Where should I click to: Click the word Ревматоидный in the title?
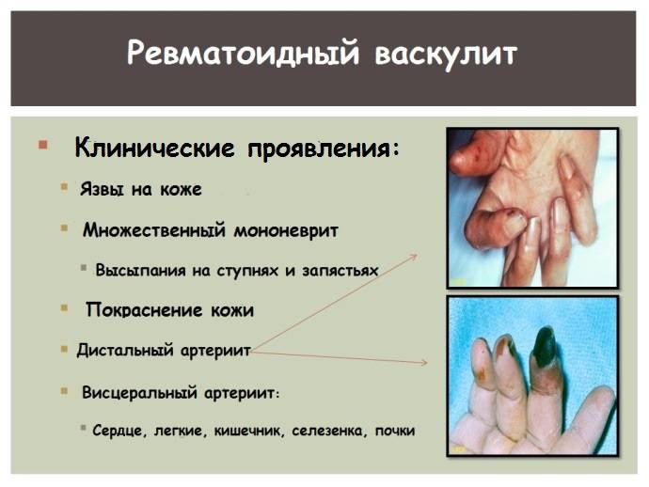point(242,54)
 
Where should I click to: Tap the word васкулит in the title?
point(446,54)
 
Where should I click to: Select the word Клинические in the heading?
point(154,148)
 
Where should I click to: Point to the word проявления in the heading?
point(324,149)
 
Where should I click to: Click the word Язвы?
point(102,190)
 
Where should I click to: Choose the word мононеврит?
point(286,231)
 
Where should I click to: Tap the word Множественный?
point(154,230)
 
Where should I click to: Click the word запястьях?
point(340,271)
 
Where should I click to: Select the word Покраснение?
point(144,310)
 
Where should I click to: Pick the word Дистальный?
point(125,351)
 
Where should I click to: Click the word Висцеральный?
point(139,392)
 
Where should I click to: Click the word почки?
point(395,432)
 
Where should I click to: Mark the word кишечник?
point(248,432)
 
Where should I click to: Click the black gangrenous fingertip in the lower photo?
point(545,345)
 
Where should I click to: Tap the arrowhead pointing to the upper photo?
point(413,258)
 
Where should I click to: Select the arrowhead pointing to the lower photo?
point(423,363)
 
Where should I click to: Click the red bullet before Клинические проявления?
point(42,145)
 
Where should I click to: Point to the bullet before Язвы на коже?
point(64,187)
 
